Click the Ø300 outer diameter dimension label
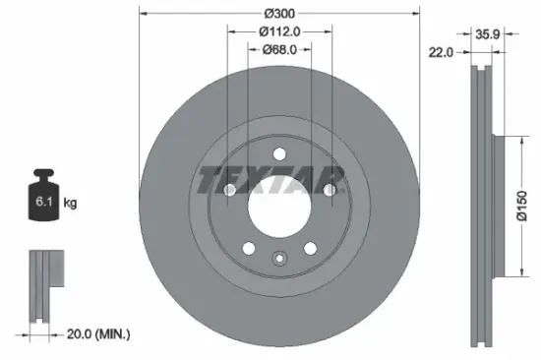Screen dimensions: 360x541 pyautogui.click(x=279, y=13)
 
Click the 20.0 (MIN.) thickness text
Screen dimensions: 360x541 pyautogui.click(x=96, y=334)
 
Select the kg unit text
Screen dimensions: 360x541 pyautogui.click(x=70, y=204)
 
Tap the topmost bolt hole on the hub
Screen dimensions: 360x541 pyautogui.click(x=279, y=152)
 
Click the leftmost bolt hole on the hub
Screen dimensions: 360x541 pyautogui.click(x=227, y=190)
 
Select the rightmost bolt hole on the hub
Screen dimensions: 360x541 pyautogui.click(x=331, y=190)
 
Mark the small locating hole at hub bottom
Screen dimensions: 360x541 pyautogui.click(x=279, y=261)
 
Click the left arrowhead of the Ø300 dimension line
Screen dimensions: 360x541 pyautogui.click(x=142, y=13)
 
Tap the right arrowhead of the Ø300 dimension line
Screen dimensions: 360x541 pyautogui.click(x=417, y=13)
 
